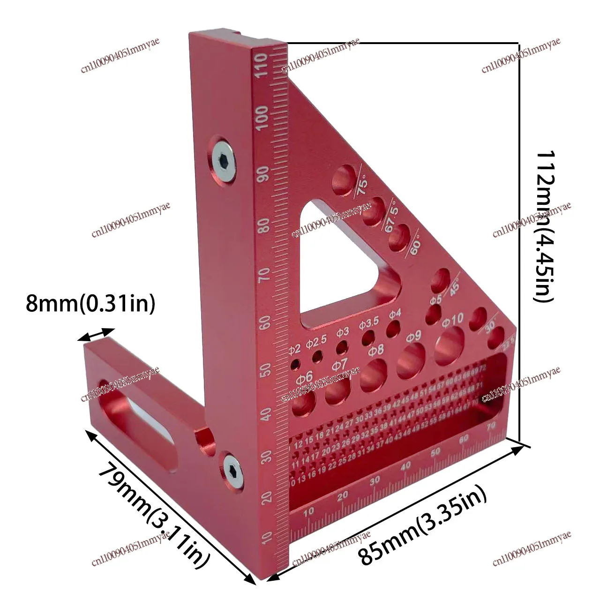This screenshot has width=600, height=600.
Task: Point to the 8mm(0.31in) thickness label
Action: click(x=90, y=304)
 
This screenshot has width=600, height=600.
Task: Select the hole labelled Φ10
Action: click(x=450, y=347)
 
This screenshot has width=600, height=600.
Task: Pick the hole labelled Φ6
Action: click(x=304, y=403)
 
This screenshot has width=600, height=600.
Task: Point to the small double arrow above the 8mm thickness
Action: click(x=96, y=334)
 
